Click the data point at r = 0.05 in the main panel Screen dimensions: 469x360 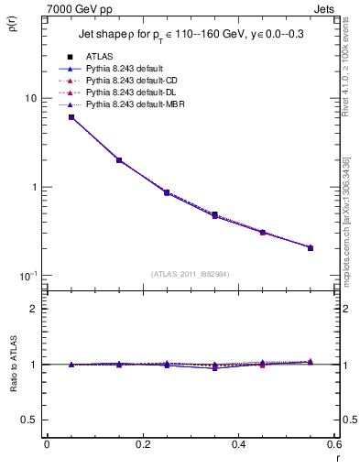(71, 117)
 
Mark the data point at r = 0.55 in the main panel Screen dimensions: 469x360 (311, 247)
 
